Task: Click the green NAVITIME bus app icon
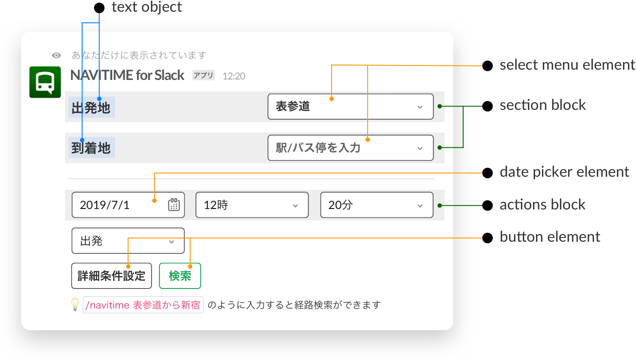(45, 82)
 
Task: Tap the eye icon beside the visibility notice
(56, 56)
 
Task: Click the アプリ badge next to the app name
(203, 75)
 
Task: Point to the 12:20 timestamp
(234, 76)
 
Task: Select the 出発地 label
(91, 108)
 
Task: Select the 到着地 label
(91, 148)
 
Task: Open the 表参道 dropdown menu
(350, 107)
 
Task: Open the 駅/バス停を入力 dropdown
(350, 148)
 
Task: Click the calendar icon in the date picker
(174, 205)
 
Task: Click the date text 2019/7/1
(105, 205)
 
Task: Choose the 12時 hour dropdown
(252, 205)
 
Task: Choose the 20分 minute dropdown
(376, 205)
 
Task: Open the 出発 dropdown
(128, 241)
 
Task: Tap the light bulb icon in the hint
(75, 305)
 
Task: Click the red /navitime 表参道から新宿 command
(143, 305)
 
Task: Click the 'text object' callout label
(147, 7)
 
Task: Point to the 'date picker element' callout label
(564, 172)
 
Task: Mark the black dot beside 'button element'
(487, 238)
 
